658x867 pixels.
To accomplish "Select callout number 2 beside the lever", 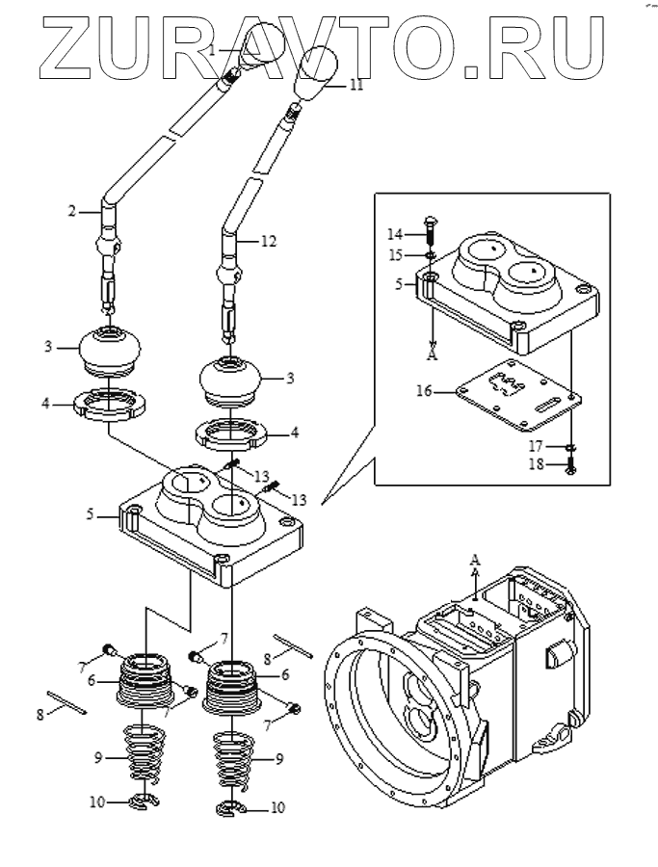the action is (x=72, y=211).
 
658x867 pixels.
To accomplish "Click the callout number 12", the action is (x=268, y=242).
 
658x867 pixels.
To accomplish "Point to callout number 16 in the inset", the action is (x=425, y=391).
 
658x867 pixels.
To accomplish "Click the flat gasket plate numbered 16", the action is (x=518, y=394).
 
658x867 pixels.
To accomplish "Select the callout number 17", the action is (x=536, y=446).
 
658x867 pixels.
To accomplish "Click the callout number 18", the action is (x=536, y=463).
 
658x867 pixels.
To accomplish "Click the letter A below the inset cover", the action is (x=433, y=355).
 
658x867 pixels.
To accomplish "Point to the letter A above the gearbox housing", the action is (x=475, y=559).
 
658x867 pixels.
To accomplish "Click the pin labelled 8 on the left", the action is (x=66, y=701).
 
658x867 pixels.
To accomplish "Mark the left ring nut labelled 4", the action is (x=110, y=406).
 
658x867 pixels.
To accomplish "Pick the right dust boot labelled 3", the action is (x=230, y=381).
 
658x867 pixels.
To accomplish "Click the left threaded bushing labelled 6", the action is (x=146, y=679).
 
